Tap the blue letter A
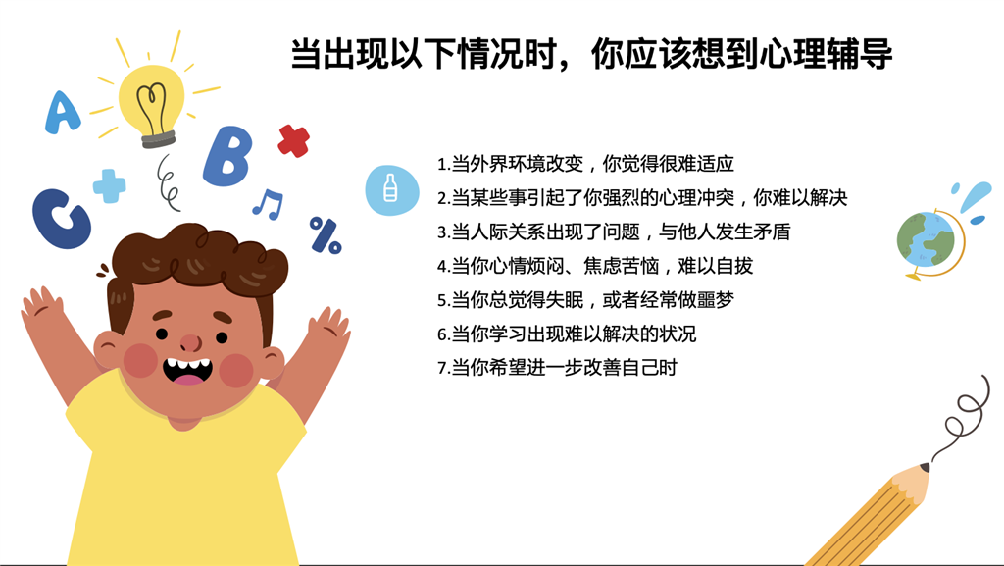62,112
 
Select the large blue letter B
227,156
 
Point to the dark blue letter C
61,218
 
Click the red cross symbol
294,141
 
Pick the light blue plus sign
110,185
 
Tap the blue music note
269,204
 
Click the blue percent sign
326,235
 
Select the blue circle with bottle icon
392,190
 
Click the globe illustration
928,240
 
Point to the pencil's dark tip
926,467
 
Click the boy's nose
191,343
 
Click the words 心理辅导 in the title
826,54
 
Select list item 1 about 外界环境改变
585,164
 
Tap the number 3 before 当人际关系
442,232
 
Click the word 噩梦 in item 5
715,299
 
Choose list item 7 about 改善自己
557,368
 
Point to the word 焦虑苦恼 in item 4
622,266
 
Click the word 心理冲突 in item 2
697,198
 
